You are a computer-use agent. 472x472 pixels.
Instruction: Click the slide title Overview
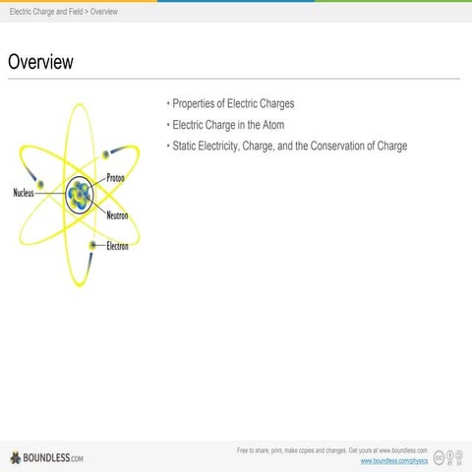point(40,62)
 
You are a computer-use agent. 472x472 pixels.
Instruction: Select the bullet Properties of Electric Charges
point(233,103)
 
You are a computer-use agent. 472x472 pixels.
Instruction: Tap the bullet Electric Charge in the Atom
point(228,125)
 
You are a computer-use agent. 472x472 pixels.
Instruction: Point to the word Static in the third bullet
point(187,147)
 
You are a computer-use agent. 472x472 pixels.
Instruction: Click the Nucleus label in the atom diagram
point(24,193)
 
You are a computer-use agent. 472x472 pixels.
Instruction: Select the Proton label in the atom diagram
point(115,178)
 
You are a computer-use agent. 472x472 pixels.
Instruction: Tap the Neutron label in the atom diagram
point(118,215)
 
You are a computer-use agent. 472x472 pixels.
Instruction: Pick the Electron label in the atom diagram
point(117,245)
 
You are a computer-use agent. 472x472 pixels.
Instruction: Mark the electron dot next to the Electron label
point(92,244)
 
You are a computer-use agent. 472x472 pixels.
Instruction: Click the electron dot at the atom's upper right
point(105,154)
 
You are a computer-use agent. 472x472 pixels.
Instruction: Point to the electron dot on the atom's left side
point(40,184)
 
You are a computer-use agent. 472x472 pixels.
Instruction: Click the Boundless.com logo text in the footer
point(54,457)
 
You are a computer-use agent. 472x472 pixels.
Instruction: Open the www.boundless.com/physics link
point(393,460)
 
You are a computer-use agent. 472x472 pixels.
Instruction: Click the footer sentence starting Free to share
point(331,449)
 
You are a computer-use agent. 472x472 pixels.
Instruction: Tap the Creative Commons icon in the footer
point(439,456)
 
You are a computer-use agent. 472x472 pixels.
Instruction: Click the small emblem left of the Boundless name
point(15,457)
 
